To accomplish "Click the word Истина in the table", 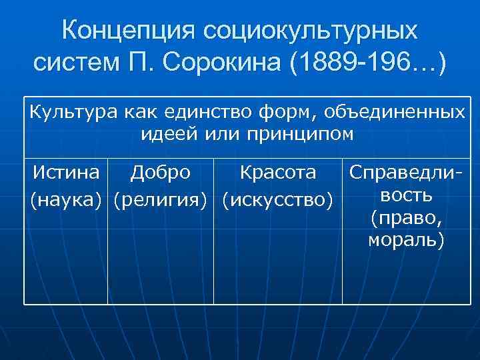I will tap(67, 173).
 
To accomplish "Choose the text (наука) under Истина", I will tap(67, 198).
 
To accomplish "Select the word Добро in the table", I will tap(161, 173).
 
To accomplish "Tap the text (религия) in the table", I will tap(161, 198).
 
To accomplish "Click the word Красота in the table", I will tap(278, 173).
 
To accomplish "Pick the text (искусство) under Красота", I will tap(278, 198).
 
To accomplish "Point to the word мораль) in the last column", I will tap(407, 239).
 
